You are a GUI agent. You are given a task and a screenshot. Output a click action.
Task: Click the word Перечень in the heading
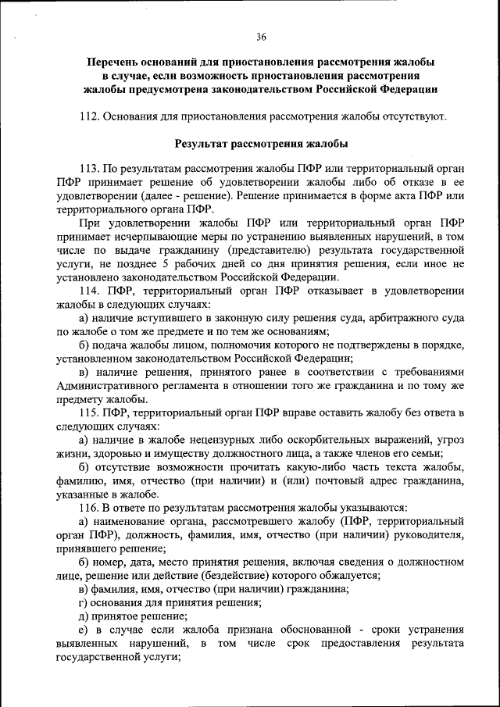coord(112,61)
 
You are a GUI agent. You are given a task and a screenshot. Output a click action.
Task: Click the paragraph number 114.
coord(91,291)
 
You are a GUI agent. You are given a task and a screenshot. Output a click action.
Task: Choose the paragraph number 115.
coord(91,412)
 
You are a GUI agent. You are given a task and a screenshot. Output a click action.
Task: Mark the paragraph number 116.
coord(91,507)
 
